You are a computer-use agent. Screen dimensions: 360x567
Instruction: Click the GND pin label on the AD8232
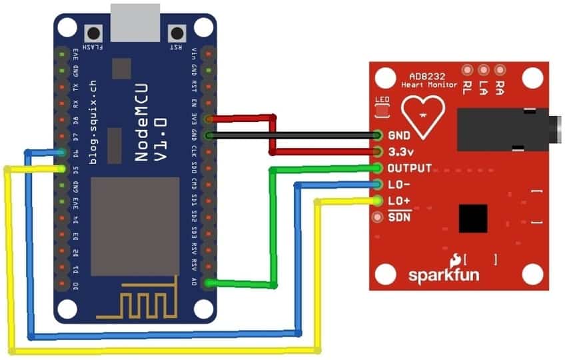click(x=398, y=135)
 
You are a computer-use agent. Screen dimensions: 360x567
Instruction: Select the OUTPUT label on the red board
click(x=409, y=167)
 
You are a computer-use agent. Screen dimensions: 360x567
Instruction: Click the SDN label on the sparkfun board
click(x=399, y=217)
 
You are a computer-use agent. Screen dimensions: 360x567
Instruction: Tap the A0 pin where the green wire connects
click(x=210, y=283)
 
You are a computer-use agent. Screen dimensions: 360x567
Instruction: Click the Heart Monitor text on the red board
click(x=429, y=85)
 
